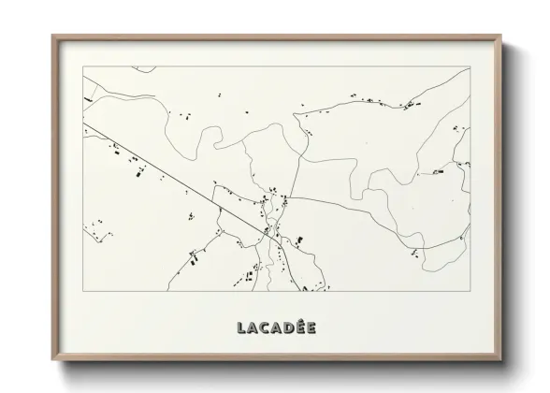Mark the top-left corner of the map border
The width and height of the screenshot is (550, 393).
83,67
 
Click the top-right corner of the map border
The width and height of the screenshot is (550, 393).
468,67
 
